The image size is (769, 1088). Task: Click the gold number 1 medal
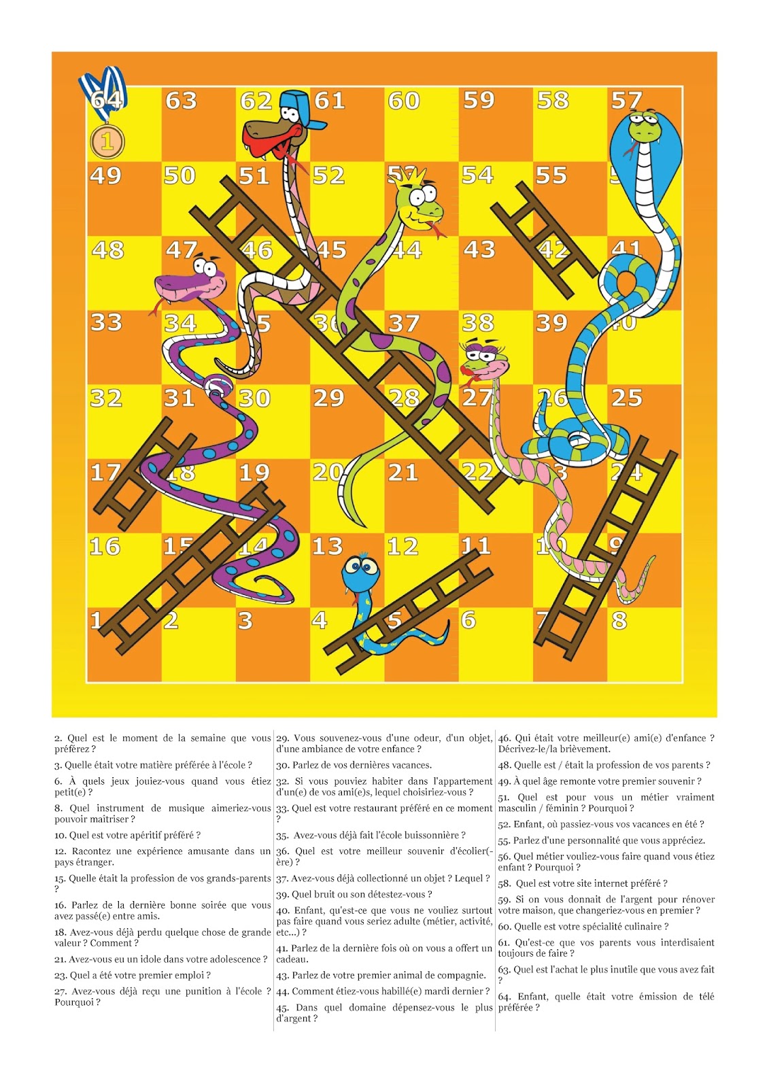click(x=107, y=142)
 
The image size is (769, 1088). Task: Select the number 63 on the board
click(x=181, y=101)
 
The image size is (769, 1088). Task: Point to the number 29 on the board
click(x=328, y=398)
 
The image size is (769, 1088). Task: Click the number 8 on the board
click(x=619, y=621)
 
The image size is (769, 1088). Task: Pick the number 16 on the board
click(x=105, y=547)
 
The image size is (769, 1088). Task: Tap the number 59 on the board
click(x=479, y=101)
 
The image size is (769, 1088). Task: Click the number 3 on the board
click(x=245, y=621)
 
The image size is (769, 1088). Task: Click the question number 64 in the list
click(x=505, y=997)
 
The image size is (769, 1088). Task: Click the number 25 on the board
click(x=626, y=398)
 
